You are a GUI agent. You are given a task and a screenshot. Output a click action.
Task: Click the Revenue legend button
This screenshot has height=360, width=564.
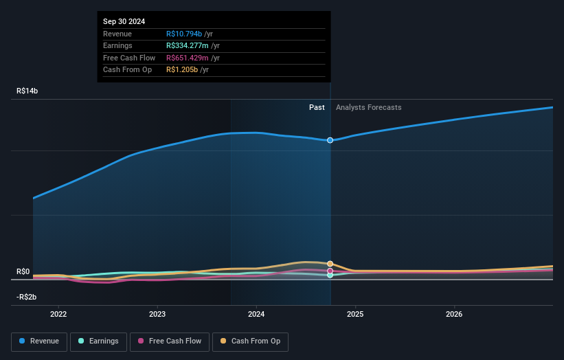tap(40, 341)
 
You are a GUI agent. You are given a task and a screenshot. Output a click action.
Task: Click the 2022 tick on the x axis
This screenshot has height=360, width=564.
tap(58, 315)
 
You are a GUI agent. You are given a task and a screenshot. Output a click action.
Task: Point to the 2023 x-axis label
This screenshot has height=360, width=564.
tap(157, 315)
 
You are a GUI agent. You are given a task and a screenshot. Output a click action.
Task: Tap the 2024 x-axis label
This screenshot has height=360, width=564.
tap(256, 315)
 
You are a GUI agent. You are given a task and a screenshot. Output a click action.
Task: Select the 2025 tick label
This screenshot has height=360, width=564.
tap(355, 315)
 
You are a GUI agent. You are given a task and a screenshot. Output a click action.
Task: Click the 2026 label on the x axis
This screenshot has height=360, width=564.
tap(454, 315)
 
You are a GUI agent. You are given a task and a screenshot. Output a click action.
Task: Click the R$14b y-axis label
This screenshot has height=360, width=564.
tap(28, 91)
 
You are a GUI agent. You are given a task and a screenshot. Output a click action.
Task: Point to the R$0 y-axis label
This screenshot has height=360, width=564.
tap(23, 271)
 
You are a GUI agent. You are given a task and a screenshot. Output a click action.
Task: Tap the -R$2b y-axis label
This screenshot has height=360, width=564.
tap(27, 297)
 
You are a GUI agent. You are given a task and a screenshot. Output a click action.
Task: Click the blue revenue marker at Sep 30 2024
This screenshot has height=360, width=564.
tap(330, 140)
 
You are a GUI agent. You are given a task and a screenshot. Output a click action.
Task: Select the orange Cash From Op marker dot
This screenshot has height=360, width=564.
tap(330, 264)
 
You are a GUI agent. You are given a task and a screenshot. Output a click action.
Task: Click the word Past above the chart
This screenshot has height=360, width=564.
tap(317, 107)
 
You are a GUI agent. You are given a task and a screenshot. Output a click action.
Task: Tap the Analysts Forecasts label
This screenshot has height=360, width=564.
tap(368, 107)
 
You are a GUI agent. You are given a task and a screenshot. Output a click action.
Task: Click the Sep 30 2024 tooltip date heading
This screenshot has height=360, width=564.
tap(124, 22)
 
